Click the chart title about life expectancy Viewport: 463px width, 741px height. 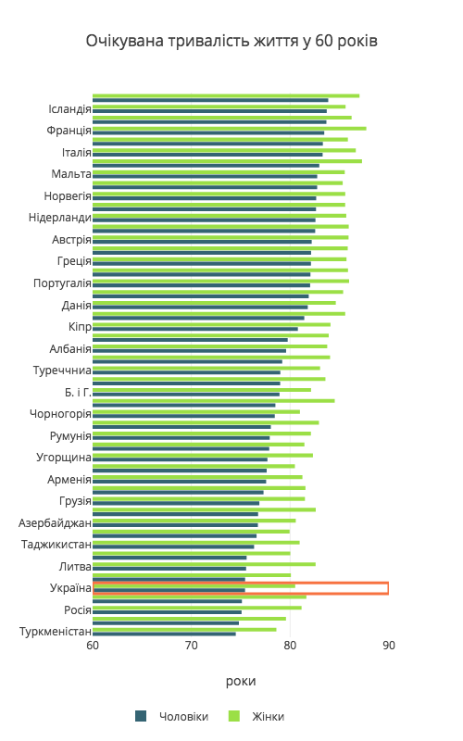(231, 42)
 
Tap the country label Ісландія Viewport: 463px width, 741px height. (69, 109)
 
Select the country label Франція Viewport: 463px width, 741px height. (69, 131)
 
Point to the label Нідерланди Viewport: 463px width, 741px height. (60, 218)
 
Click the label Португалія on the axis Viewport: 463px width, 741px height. (62, 283)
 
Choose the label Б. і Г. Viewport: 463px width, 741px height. (78, 392)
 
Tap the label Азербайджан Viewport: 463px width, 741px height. (55, 523)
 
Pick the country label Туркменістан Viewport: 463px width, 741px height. (56, 632)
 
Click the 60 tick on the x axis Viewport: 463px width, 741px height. (93, 646)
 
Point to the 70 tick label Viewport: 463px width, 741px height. (192, 646)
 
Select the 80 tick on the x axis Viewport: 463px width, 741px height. (290, 646)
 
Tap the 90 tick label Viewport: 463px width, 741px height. (389, 646)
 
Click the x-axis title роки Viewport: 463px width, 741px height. (241, 682)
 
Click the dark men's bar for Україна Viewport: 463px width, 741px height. (169, 590)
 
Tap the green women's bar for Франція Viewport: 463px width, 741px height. (229, 129)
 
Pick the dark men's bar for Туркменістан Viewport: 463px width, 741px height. (164, 634)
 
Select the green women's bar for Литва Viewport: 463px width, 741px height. (204, 564)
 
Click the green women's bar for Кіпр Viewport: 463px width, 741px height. (212, 325)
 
